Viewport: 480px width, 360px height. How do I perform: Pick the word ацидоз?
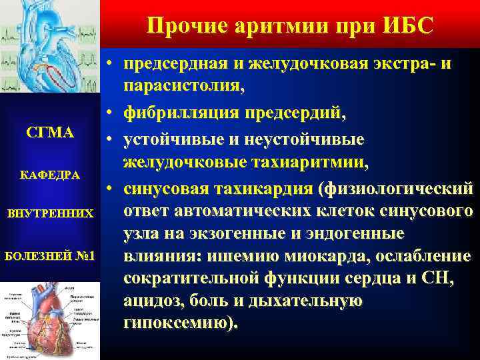pyautogui.click(x=150, y=301)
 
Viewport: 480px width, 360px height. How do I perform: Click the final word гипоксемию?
pyautogui.click(x=177, y=323)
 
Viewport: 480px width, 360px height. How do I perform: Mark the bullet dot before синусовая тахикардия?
pyautogui.click(x=111, y=189)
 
